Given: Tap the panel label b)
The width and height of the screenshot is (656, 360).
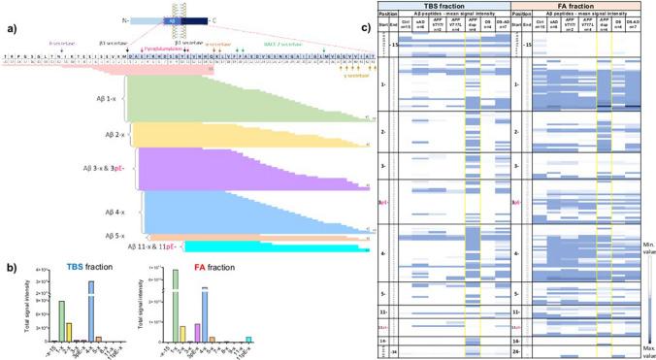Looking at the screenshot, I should [8, 259].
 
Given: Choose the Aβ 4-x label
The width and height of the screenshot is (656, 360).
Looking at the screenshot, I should [104, 207].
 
